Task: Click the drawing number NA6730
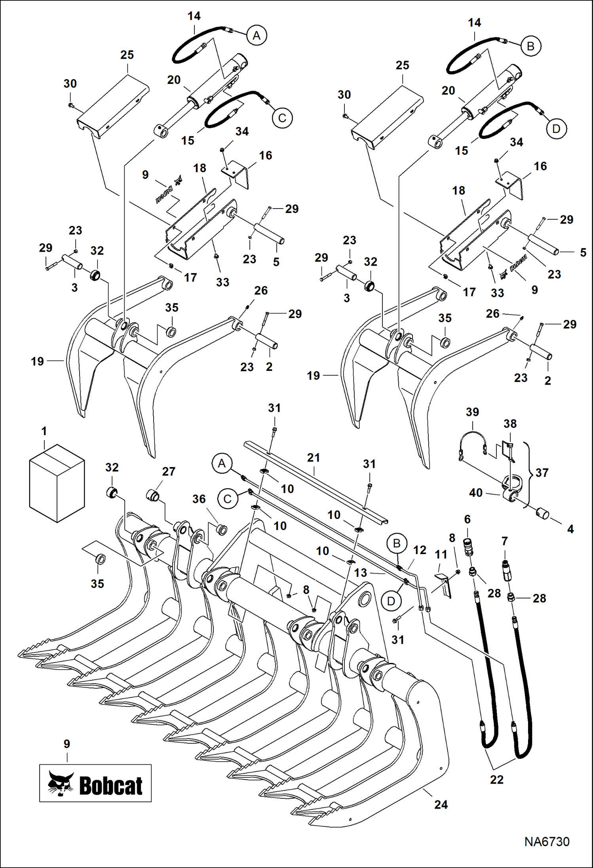(x=547, y=841)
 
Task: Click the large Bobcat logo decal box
(x=95, y=783)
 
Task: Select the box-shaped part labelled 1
(x=57, y=483)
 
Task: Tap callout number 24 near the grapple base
(x=441, y=805)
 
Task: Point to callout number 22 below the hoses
(x=496, y=780)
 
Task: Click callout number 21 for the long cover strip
(x=314, y=458)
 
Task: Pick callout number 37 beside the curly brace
(x=542, y=473)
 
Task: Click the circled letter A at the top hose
(x=257, y=36)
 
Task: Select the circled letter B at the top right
(x=530, y=46)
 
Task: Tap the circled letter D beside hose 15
(x=556, y=129)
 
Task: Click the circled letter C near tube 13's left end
(x=228, y=499)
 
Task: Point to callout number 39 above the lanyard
(x=472, y=412)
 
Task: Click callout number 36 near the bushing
(x=199, y=499)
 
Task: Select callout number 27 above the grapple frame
(x=169, y=471)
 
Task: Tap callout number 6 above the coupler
(x=467, y=519)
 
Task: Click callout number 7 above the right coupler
(x=504, y=541)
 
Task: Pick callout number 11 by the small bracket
(x=441, y=555)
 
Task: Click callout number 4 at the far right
(x=570, y=529)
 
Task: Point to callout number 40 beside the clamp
(x=476, y=493)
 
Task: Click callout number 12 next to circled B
(x=420, y=550)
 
